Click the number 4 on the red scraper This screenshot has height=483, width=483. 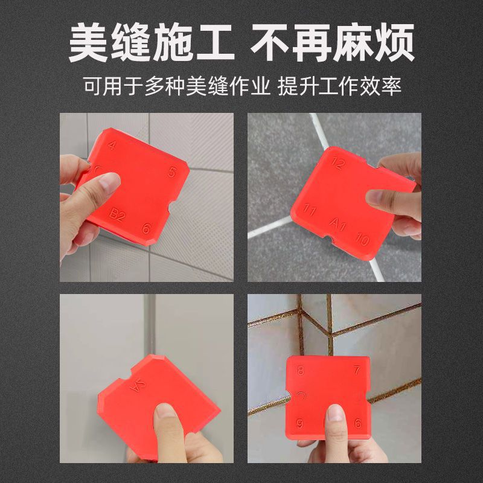pyautogui.click(x=112, y=146)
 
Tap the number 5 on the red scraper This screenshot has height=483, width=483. pyautogui.click(x=173, y=172)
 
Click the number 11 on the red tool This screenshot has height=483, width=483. pyautogui.click(x=310, y=211)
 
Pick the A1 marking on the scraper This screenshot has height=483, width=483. pyautogui.click(x=338, y=226)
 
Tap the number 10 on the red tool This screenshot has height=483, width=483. pyautogui.click(x=362, y=240)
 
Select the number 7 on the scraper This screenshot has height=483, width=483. pyautogui.click(x=357, y=369)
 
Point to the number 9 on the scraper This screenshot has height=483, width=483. pyautogui.click(x=300, y=422)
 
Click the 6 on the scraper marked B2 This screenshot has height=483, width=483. pyautogui.click(x=146, y=228)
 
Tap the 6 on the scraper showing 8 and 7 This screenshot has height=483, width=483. pyautogui.click(x=357, y=423)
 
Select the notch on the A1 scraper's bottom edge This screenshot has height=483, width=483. pyautogui.click(x=333, y=245)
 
